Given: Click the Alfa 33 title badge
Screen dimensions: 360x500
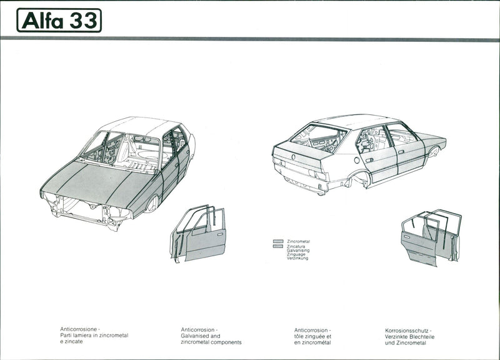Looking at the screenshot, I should click(x=59, y=20).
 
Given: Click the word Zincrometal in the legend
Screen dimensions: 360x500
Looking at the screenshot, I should click(x=298, y=241).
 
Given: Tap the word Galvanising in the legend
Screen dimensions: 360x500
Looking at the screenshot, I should click(x=297, y=250).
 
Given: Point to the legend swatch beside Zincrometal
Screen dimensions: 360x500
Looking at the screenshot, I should click(x=278, y=241).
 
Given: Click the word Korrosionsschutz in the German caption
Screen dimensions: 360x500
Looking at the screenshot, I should click(x=407, y=329).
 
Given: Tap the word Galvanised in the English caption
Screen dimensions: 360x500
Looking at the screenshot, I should click(x=195, y=336).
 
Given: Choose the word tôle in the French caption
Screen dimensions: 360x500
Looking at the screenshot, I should click(x=301, y=336).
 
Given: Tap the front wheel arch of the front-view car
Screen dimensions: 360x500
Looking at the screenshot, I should click(x=152, y=202).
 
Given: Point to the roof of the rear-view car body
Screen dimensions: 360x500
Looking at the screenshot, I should click(x=356, y=121).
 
